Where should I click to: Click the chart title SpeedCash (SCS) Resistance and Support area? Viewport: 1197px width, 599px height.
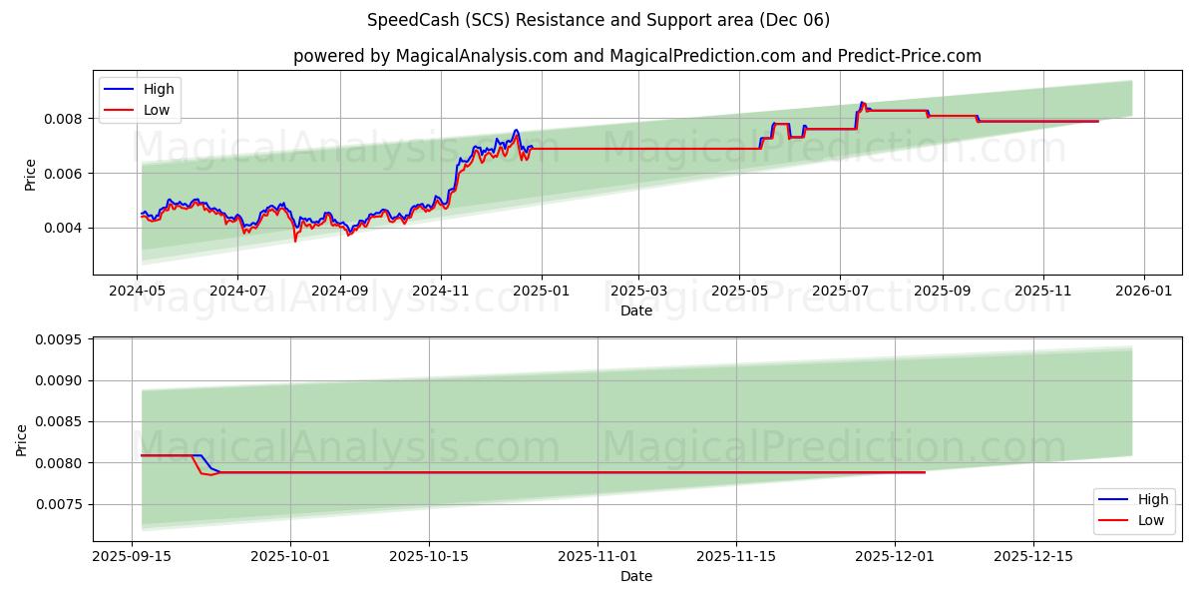[x=598, y=20]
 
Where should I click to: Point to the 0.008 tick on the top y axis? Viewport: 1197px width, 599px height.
[x=66, y=119]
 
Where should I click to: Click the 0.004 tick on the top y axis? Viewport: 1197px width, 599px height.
[x=66, y=228]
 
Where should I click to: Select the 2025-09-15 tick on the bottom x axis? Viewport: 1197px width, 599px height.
[x=133, y=555]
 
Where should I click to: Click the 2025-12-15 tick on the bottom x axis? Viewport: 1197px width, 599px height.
[x=1033, y=555]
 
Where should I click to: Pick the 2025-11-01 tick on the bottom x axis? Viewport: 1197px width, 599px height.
[x=598, y=555]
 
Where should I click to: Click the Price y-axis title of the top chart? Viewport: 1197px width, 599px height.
[x=30, y=175]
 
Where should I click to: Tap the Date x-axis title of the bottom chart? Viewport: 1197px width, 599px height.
[x=636, y=576]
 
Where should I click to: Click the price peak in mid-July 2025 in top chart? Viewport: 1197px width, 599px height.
[x=862, y=102]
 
